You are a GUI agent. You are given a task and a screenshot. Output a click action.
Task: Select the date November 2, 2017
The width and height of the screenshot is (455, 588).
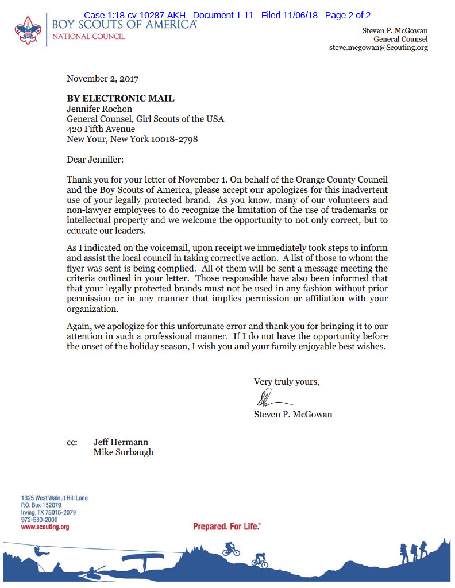point(102,78)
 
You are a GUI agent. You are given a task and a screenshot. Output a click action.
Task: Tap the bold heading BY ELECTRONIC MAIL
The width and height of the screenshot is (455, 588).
point(121,99)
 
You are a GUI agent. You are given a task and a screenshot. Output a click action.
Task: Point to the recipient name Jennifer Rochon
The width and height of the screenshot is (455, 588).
point(99,109)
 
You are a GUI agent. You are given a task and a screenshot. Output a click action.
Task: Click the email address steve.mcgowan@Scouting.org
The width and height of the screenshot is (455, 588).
point(378,48)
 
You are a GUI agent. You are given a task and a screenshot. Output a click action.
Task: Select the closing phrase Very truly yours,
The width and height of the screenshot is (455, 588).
point(286,382)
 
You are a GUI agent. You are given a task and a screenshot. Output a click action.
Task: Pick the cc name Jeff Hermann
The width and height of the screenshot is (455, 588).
point(121,442)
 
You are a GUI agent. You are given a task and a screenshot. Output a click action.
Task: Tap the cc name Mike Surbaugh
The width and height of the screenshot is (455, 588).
point(123,452)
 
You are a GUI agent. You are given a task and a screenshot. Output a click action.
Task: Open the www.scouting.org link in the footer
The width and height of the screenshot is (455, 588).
point(45,527)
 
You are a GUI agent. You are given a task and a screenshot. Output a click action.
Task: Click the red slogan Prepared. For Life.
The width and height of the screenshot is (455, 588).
point(226,527)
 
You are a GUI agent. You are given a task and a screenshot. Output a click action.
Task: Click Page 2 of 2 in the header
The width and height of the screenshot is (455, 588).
point(348,16)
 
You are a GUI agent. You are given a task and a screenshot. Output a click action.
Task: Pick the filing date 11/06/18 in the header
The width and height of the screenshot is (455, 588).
point(303,16)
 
